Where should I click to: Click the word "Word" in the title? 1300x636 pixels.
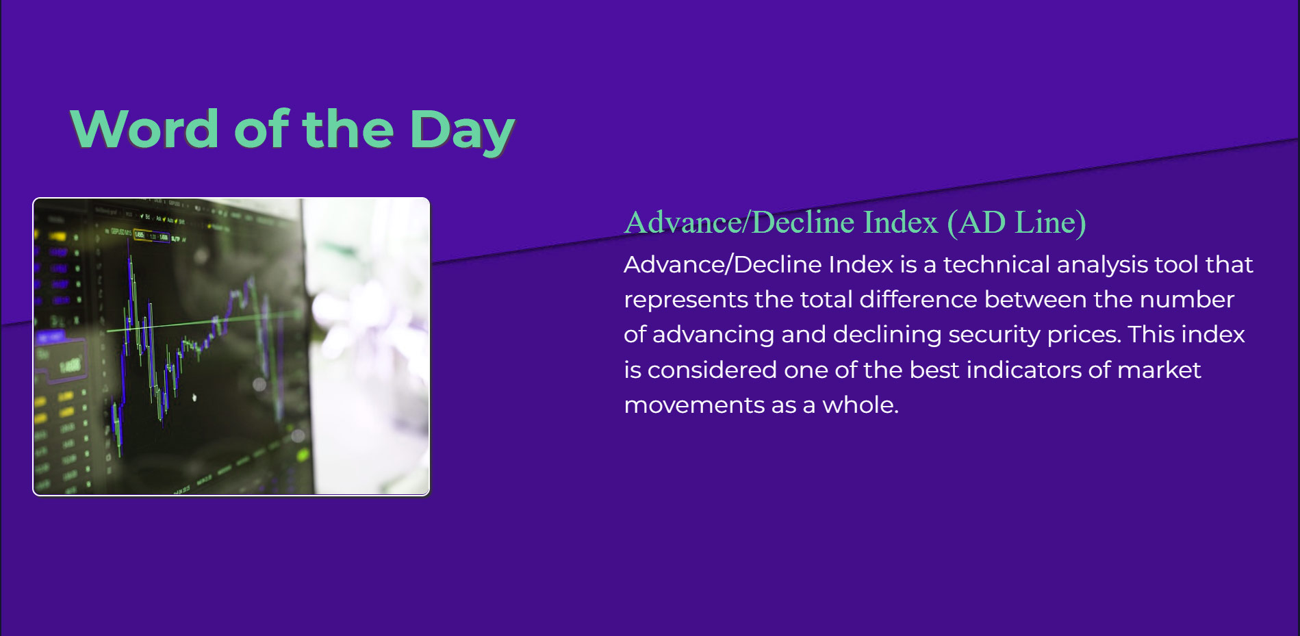[144, 129]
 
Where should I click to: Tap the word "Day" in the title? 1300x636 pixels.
[462, 131]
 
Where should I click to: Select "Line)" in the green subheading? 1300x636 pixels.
[1050, 223]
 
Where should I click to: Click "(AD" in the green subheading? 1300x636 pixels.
[977, 223]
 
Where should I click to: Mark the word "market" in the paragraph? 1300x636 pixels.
[1159, 370]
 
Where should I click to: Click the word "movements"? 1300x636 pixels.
[693, 405]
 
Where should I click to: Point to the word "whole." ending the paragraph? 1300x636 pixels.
[861, 405]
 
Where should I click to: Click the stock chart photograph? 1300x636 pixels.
[231, 346]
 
